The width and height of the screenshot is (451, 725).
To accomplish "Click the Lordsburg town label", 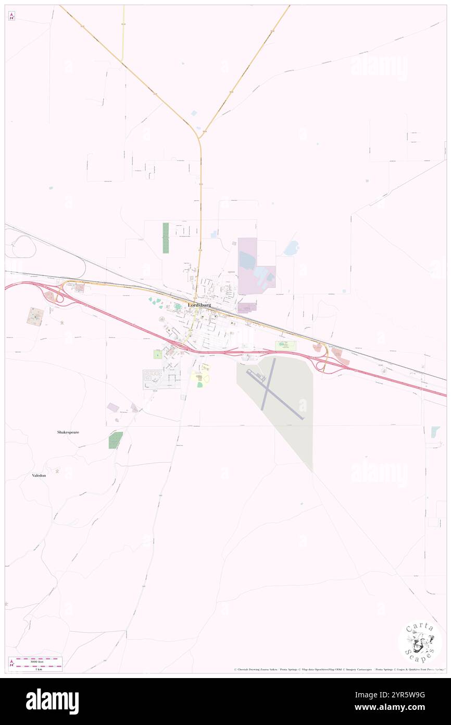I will point(199,305).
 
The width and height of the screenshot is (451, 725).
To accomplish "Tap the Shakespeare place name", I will point(68,432).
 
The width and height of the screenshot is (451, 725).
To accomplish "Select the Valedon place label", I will point(39,476).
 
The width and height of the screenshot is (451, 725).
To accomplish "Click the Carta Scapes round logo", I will point(420,642).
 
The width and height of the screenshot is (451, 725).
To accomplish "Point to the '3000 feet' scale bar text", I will point(36,660).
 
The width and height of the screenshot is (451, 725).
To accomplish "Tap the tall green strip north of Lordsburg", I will point(166,238).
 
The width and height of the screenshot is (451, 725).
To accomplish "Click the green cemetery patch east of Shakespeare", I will point(116,440).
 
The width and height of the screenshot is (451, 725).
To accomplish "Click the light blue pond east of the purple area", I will point(291,248).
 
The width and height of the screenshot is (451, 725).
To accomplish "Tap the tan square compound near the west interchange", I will point(35,317).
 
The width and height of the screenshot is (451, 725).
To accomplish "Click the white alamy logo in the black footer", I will point(52,701).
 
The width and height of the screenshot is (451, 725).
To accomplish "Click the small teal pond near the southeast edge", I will point(435,432).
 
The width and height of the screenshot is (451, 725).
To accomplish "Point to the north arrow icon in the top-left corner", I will point(11,16).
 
